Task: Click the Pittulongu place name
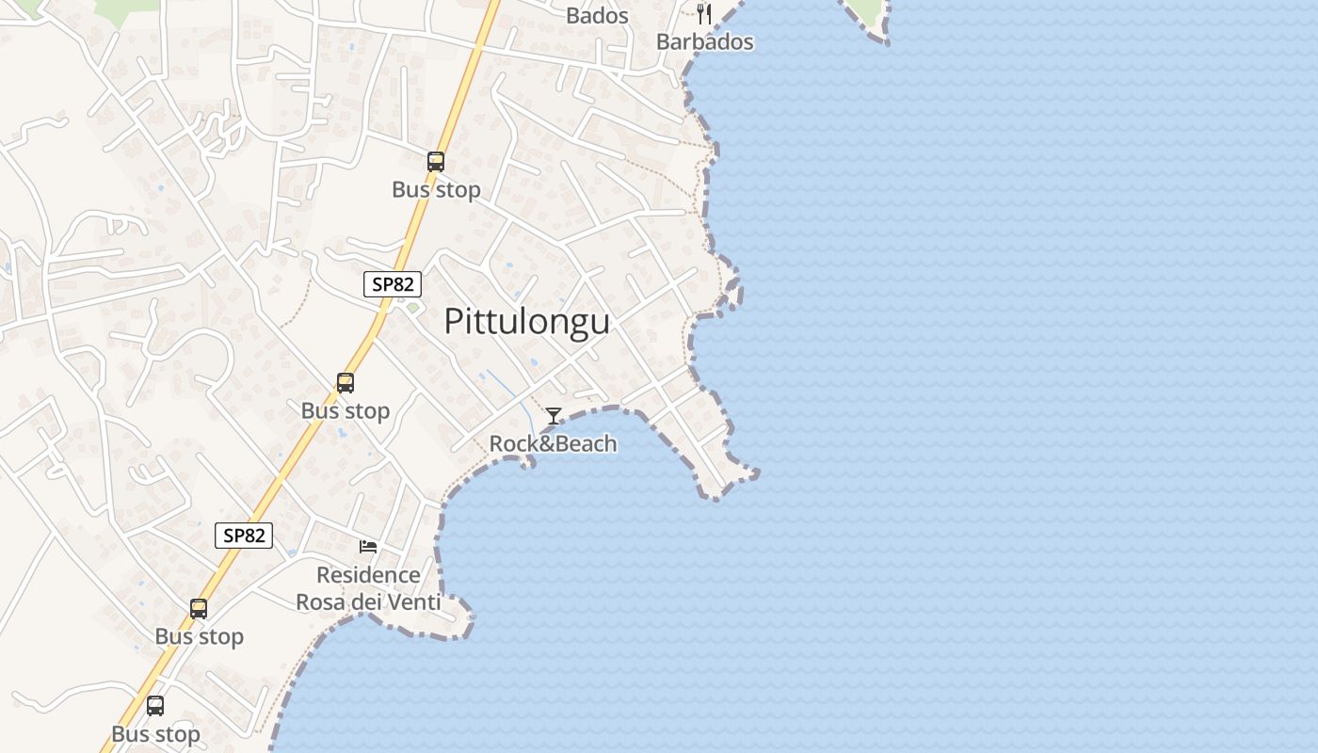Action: pos(526,322)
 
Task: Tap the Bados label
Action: pos(597,15)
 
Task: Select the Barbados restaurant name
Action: pos(705,42)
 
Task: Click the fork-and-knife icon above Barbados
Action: pos(704,13)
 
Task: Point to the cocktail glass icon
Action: pos(554,416)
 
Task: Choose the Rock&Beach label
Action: pos(554,443)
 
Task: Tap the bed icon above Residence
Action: pos(368,547)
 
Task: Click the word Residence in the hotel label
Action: pos(368,575)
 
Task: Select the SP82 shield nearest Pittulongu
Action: pos(393,284)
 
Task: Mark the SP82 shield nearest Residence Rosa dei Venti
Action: pos(244,536)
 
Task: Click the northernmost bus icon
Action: pos(435,162)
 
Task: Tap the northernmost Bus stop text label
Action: pos(436,189)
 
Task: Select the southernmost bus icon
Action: pos(155,706)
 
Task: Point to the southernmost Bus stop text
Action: pos(155,734)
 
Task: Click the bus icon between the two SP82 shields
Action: pos(346,383)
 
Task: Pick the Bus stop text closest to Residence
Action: pos(200,636)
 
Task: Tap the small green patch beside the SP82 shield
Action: pos(412,307)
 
